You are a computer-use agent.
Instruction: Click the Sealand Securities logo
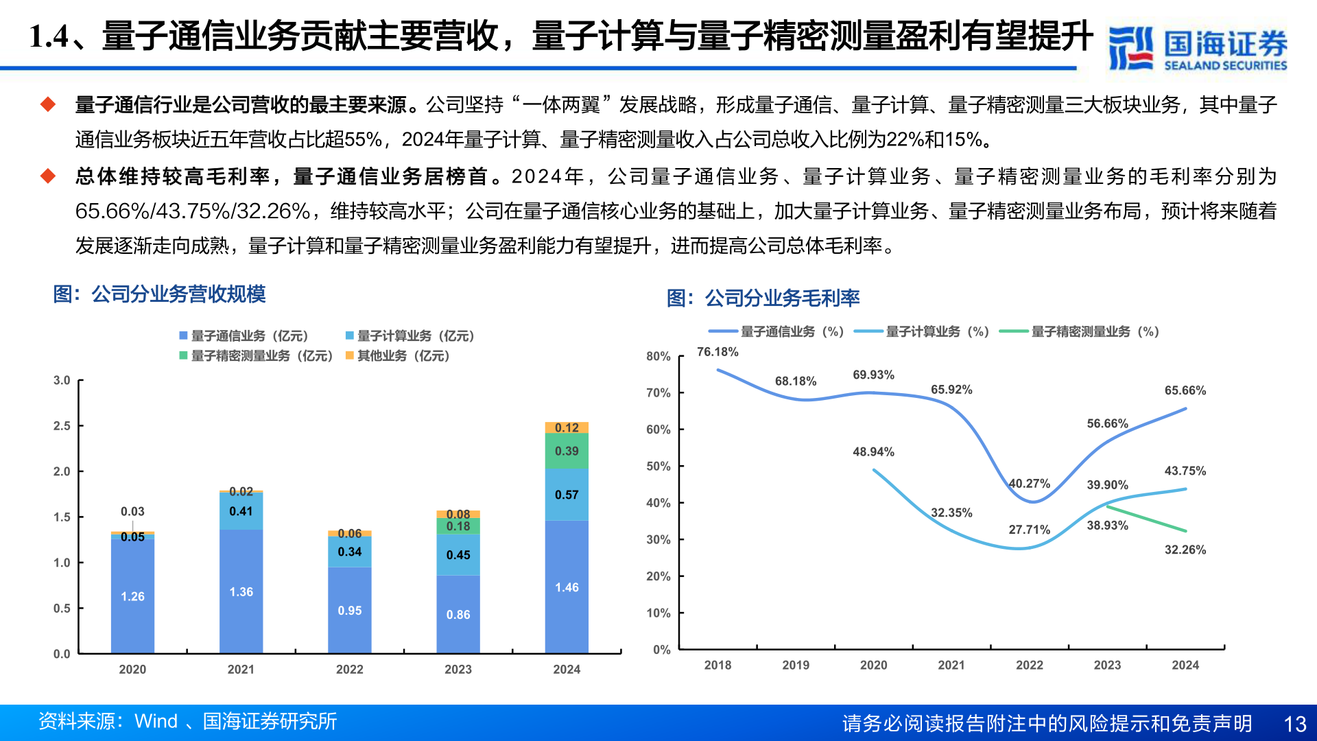1197,48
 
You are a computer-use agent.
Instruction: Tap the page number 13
1294,724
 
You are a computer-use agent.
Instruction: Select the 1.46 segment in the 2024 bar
567,587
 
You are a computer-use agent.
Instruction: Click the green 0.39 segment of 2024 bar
567,451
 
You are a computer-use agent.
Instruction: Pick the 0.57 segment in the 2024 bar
567,495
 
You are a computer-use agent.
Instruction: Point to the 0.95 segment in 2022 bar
349,610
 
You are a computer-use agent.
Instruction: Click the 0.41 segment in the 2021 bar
241,511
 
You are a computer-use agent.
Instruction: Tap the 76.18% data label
717,352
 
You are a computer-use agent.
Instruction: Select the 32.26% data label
1185,550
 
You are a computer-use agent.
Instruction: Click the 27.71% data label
1029,530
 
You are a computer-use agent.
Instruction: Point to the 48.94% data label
873,451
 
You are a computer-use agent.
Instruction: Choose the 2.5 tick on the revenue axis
62,426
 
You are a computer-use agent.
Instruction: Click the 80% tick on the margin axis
658,356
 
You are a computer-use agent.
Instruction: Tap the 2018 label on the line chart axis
717,665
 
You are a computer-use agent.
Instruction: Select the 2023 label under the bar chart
458,669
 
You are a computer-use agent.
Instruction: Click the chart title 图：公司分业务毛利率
763,298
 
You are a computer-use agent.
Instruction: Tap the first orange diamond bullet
48,104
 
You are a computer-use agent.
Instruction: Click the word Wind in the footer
156,721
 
